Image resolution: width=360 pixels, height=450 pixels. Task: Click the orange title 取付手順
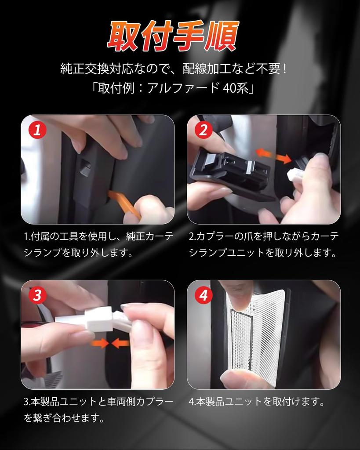coord(173,36)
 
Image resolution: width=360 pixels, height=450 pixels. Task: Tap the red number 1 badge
coord(37,130)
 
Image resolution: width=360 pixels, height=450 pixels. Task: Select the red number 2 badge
coord(204,130)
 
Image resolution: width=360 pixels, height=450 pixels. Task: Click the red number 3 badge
coord(37,295)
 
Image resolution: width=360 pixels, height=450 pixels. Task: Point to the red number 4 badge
coord(204,295)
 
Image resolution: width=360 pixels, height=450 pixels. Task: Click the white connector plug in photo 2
coord(295,174)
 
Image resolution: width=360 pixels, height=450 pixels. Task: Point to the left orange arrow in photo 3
coord(99,343)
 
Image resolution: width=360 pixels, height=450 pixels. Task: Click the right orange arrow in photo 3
coord(120,343)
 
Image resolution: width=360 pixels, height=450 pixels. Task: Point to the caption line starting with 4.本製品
coord(256,402)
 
